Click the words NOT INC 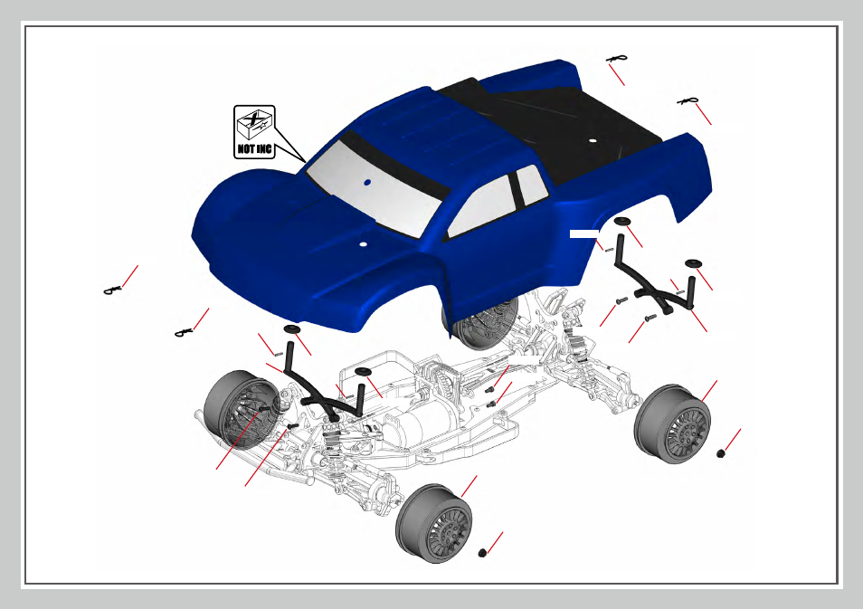tap(254, 148)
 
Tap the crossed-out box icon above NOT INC tap(254, 124)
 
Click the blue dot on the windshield tap(367, 182)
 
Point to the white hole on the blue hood tap(363, 243)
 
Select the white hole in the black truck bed tap(593, 140)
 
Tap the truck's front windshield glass tap(375, 187)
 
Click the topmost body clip tap(616, 59)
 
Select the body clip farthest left tap(112, 290)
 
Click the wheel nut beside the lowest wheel tap(483, 552)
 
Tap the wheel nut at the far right tap(720, 453)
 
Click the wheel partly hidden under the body tap(480, 325)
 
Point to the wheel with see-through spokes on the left tap(240, 410)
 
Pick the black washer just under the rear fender tap(622, 221)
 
